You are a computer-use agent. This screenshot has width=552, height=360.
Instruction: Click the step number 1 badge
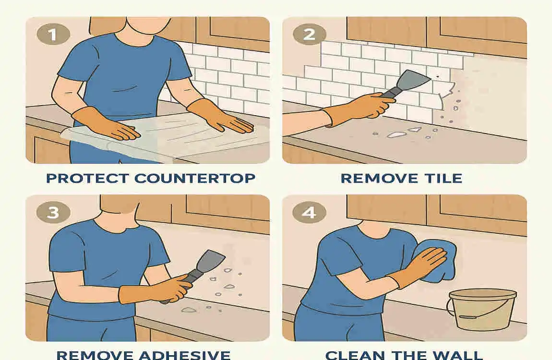pyautogui.click(x=53, y=35)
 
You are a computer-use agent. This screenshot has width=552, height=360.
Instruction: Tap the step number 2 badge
pyautogui.click(x=310, y=35)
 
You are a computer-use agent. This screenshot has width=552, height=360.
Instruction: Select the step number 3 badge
pyautogui.click(x=53, y=212)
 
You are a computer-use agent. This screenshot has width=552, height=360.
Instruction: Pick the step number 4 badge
pyautogui.click(x=310, y=212)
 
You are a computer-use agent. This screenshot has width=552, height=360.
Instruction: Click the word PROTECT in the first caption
pyautogui.click(x=86, y=179)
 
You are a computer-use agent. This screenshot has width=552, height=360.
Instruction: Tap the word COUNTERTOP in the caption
pyautogui.click(x=195, y=179)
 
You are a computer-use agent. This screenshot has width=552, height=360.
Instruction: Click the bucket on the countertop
pyautogui.click(x=475, y=311)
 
